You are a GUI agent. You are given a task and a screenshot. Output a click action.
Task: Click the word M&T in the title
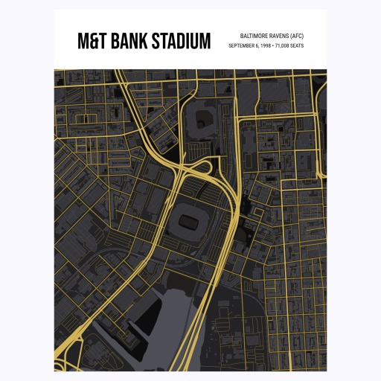click(93, 41)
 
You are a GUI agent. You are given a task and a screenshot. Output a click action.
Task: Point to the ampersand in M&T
click(94, 41)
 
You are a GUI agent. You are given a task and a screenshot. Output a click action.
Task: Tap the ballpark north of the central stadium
click(201, 120)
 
